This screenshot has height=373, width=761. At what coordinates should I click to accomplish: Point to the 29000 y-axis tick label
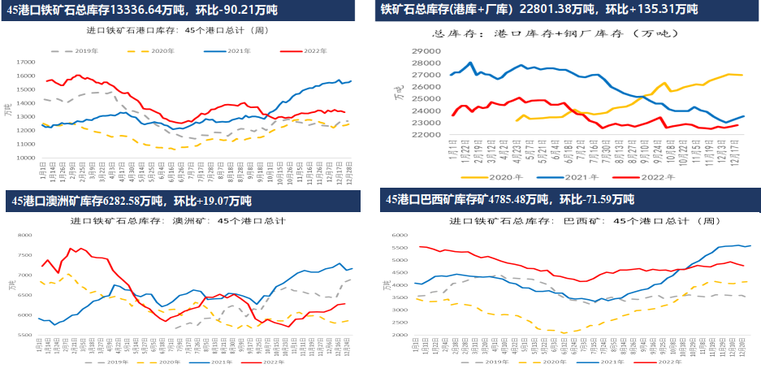426,50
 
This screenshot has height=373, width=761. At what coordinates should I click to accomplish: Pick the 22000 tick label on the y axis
426,135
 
